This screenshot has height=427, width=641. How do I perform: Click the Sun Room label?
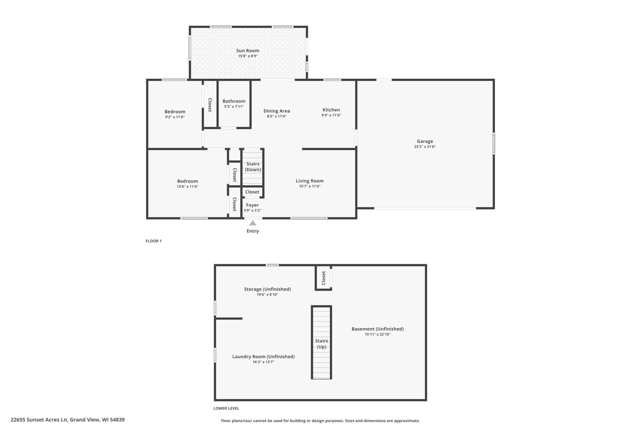[247, 51]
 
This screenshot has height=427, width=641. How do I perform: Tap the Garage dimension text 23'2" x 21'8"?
[425, 147]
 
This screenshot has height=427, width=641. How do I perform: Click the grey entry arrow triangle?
[253, 223]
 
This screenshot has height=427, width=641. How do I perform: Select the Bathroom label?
[234, 101]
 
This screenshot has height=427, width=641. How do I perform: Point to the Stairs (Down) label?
[253, 167]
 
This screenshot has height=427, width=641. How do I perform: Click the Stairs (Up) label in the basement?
[321, 344]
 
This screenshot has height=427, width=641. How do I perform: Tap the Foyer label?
[252, 205]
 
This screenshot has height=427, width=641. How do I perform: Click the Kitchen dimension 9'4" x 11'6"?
[331, 115]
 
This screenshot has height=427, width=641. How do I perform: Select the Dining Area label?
[276, 111]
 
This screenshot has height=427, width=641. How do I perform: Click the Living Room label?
[309, 181]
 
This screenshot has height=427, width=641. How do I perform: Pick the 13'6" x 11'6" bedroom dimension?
[187, 187]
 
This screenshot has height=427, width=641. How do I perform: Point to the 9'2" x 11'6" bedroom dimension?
[175, 117]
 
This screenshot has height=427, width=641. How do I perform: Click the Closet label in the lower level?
[324, 278]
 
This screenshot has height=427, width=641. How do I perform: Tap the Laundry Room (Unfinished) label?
[263, 356]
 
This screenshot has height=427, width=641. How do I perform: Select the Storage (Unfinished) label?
[267, 289]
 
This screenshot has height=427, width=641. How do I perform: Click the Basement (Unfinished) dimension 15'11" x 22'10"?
[377, 334]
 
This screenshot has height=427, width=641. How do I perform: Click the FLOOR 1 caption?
[153, 241]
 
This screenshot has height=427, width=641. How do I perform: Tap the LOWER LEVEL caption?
[226, 408]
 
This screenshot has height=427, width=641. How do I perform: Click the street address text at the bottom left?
[68, 420]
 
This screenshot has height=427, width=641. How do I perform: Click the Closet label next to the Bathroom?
[210, 105]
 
